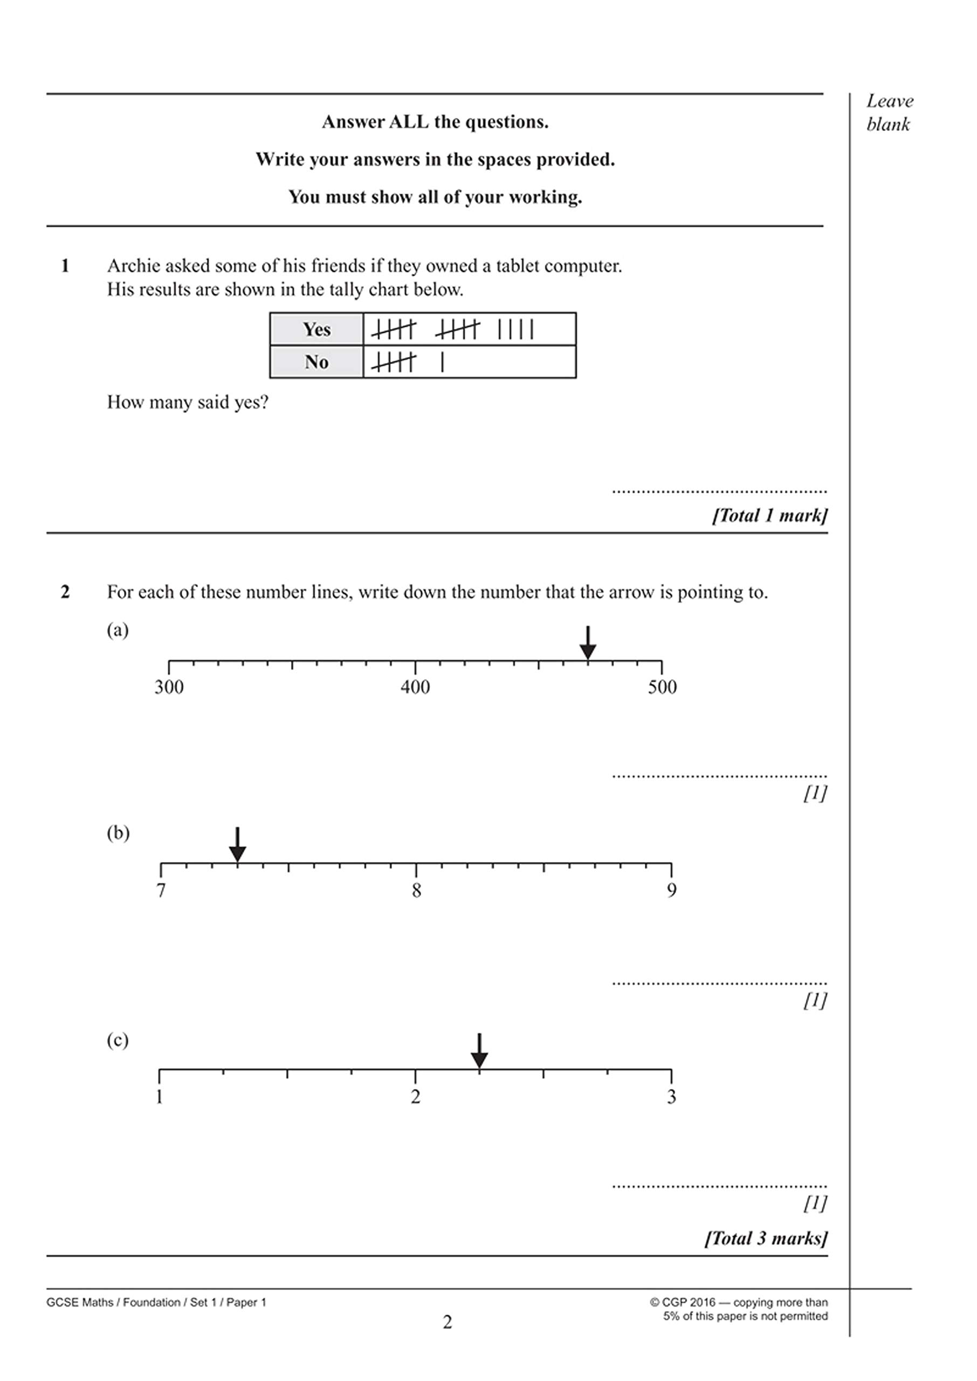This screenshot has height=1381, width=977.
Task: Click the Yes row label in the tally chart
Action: (x=317, y=329)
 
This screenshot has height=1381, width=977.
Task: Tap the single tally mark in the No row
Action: (x=443, y=361)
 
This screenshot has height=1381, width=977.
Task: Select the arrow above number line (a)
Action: (x=588, y=643)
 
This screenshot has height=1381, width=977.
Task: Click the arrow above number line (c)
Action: (x=479, y=1051)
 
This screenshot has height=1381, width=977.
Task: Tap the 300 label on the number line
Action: (x=169, y=687)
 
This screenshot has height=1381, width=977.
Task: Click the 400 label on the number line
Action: (x=415, y=687)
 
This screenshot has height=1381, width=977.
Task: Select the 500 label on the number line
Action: (x=662, y=687)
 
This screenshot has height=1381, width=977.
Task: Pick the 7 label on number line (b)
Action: (x=161, y=891)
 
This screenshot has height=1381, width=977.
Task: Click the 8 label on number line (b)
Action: (x=416, y=891)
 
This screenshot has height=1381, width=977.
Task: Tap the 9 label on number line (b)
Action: (x=671, y=891)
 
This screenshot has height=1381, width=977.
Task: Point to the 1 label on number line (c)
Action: (x=160, y=1097)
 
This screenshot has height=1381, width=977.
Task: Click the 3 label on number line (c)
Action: (x=671, y=1097)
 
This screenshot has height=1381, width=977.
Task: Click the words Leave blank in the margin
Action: (x=889, y=113)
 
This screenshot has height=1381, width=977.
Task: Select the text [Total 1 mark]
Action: (x=769, y=515)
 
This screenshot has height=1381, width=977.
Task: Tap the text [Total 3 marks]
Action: (x=766, y=1238)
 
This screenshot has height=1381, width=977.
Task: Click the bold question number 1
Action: (x=65, y=265)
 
